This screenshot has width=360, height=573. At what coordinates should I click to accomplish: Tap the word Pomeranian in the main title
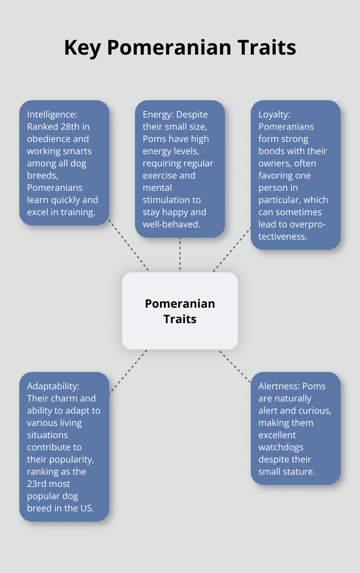(169, 48)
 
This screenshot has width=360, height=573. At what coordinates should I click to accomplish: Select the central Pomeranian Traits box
(180, 311)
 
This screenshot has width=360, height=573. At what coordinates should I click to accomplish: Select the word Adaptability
(53, 386)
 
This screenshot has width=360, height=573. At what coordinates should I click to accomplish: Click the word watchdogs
(281, 447)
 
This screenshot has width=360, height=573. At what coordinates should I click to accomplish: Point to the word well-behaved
(172, 224)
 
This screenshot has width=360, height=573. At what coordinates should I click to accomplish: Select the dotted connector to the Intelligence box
(129, 246)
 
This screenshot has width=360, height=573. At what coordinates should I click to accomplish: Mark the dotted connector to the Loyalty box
(232, 250)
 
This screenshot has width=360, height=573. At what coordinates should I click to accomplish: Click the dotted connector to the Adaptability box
(128, 372)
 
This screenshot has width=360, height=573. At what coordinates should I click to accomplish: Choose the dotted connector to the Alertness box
(234, 366)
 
